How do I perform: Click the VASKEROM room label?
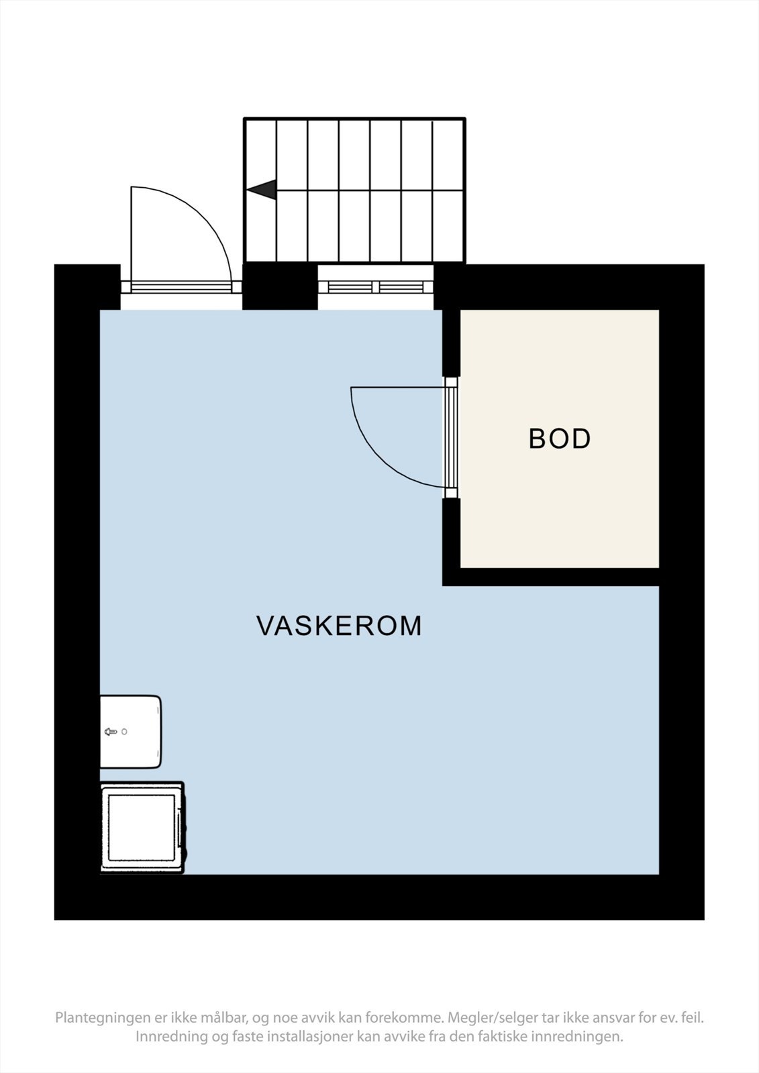tap(340, 626)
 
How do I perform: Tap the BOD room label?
tap(560, 439)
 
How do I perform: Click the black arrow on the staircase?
tap(261, 190)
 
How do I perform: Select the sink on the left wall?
tap(130, 732)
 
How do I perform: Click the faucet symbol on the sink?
tap(111, 732)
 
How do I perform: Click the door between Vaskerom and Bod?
tap(451, 438)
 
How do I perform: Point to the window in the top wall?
tap(375, 287)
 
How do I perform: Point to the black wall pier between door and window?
tap(280, 286)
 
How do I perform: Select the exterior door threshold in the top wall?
tap(181, 287)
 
